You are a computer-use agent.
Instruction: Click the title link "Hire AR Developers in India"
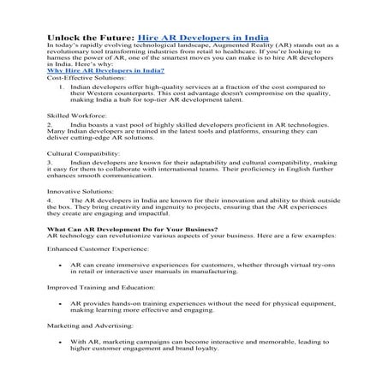[203, 39]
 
